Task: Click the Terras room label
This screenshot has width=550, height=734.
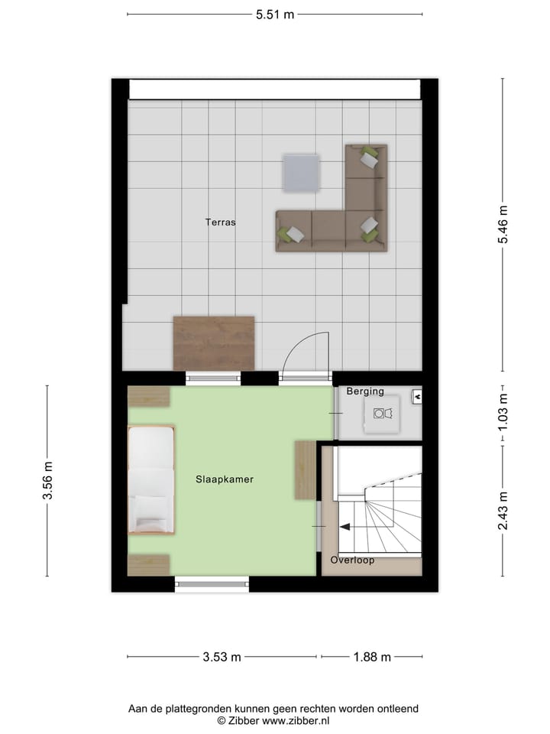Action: [x=220, y=223]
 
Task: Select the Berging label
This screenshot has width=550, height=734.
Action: [x=365, y=391]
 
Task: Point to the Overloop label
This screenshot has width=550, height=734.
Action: [x=352, y=560]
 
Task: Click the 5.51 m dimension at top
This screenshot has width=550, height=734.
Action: [x=274, y=14]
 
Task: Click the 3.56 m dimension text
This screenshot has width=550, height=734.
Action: [x=47, y=481]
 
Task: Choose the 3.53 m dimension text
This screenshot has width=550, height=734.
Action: [x=222, y=657]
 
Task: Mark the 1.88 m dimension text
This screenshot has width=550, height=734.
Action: [x=371, y=657]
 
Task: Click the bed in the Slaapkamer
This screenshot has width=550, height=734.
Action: [x=150, y=479]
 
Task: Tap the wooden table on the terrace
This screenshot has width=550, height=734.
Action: [x=214, y=343]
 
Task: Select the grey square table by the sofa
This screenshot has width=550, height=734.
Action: [x=302, y=174]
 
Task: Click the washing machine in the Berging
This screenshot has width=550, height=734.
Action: [x=382, y=414]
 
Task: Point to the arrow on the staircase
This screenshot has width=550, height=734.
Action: [x=345, y=526]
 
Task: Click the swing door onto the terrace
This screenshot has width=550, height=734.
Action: [x=306, y=353]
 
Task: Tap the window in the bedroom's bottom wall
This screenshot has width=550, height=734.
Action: [x=212, y=585]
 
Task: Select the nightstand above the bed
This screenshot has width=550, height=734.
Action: [x=149, y=397]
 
